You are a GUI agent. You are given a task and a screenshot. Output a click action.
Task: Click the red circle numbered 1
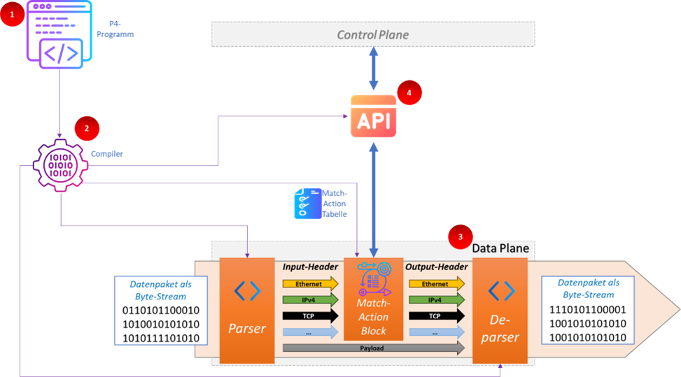(x=12, y=14)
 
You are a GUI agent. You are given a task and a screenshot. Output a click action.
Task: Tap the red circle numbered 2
(x=87, y=128)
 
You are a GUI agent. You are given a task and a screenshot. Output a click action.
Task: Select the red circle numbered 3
(x=461, y=237)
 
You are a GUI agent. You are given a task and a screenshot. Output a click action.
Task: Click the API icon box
(x=373, y=117)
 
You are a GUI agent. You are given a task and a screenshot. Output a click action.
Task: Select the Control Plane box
(x=373, y=34)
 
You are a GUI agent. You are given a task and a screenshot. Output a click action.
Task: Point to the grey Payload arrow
(x=372, y=348)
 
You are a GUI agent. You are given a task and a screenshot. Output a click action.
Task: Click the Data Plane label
(x=500, y=248)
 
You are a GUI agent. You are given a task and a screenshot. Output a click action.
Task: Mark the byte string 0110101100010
(x=160, y=310)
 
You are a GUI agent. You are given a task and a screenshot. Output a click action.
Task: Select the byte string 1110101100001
(x=588, y=310)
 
